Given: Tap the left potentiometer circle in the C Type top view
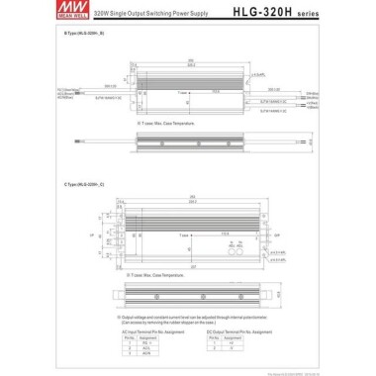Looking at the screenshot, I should (x=232, y=250).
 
